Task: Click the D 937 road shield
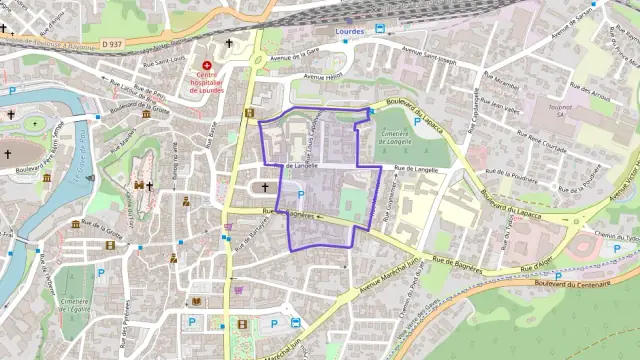coord(111,44)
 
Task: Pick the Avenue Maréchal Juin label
coord(401,279)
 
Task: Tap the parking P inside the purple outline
coord(300,195)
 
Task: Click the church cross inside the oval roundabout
coord(265,187)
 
